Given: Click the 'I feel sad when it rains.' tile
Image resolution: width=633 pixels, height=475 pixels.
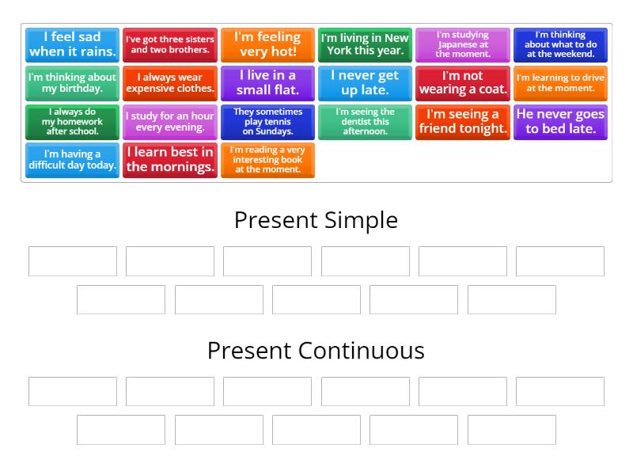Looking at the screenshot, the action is coord(72,45).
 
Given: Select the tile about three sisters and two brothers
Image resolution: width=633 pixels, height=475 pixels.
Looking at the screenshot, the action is coord(170,45).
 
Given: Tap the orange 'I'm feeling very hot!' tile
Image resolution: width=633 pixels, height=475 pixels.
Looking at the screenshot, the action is coord(267,45).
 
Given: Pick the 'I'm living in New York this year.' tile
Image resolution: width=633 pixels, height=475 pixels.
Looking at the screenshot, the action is coord(365,45).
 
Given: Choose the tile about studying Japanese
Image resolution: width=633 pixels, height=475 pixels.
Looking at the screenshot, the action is coord(463,45).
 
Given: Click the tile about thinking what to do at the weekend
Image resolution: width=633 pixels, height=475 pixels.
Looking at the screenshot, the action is coord(560,45).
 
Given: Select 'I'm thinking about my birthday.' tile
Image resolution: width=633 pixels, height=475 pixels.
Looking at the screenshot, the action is coord(72,83).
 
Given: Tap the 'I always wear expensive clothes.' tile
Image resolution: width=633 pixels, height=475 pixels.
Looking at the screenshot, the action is coord(170,83).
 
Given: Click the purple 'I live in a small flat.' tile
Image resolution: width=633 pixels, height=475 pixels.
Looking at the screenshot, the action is coord(267,83).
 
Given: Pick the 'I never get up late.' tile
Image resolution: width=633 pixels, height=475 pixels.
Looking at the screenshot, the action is coord(365,83).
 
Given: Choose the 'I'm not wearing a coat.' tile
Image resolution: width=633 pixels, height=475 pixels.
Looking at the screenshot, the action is coord(463,83).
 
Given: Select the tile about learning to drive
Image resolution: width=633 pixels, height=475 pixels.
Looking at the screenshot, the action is coord(560,83).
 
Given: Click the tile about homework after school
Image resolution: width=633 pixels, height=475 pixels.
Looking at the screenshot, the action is coord(72,122).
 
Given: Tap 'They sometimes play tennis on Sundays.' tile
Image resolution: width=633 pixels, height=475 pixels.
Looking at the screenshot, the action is coord(267,122).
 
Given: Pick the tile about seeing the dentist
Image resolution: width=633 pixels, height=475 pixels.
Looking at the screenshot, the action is coord(365,122).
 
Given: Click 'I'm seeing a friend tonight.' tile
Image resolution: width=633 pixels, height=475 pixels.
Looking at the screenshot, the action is coord(463,122).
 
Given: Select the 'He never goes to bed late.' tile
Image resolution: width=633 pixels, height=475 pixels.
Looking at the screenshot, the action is coord(560,122).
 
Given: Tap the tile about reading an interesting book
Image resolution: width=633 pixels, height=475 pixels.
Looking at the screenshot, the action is coord(267,160).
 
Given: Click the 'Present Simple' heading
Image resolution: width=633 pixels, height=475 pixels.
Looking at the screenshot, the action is coord(316,221).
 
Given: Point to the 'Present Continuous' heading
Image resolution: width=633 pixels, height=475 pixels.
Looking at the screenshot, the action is coord(316,351).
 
